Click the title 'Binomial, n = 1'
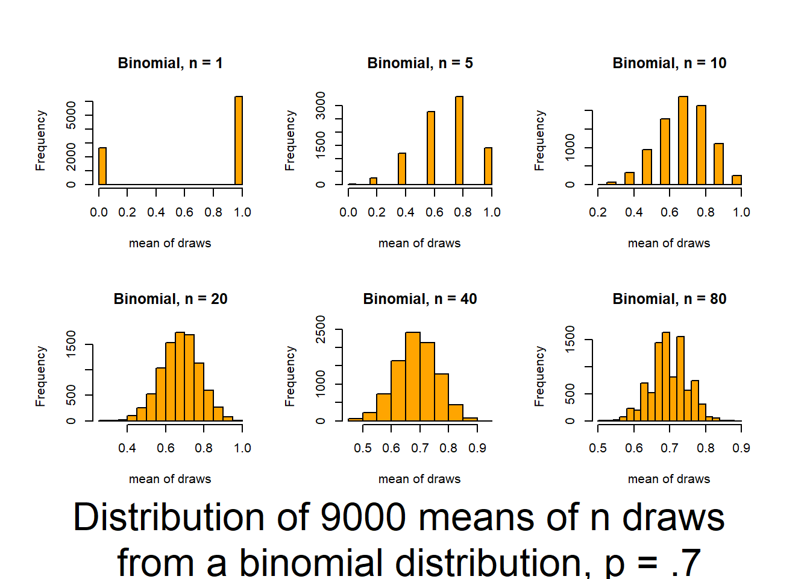pyautogui.click(x=170, y=63)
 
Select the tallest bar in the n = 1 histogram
pyautogui.click(x=239, y=141)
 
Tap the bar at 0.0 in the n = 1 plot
pyautogui.click(x=102, y=166)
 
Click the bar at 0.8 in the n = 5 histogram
pyautogui.click(x=459, y=141)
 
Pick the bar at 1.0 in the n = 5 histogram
pyautogui.click(x=488, y=166)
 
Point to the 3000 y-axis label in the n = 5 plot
pyautogui.click(x=321, y=106)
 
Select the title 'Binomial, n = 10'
pyautogui.click(x=670, y=63)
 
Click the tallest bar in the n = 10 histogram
pyautogui.click(x=683, y=141)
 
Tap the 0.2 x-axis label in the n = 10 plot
pyautogui.click(x=598, y=212)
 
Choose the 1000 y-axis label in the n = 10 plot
pyautogui.click(x=570, y=147)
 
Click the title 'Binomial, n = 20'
pyautogui.click(x=171, y=299)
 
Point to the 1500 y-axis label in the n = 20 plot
pyautogui.click(x=71, y=344)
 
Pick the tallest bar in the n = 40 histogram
pyautogui.click(x=413, y=376)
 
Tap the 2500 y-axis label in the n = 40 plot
pyautogui.click(x=321, y=329)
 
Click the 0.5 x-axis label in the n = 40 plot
pyautogui.click(x=363, y=448)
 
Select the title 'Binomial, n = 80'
pyautogui.click(x=670, y=299)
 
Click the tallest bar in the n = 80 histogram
pyautogui.click(x=666, y=376)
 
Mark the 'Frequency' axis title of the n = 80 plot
pyautogui.click(x=539, y=376)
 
